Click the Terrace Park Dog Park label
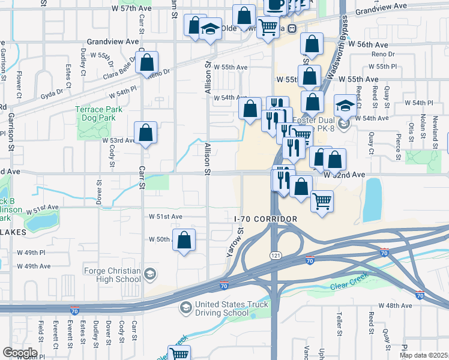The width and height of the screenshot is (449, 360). tap(98, 113)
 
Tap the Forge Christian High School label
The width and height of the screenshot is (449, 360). tap(112, 275)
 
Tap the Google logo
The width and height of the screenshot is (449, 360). tap(20, 353)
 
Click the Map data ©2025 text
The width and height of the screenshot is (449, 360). tap(424, 355)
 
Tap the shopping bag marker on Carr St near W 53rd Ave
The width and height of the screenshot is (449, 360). tap(146, 133)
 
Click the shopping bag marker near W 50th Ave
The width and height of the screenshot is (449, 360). tap(184, 239)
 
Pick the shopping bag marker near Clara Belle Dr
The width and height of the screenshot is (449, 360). tap(146, 62)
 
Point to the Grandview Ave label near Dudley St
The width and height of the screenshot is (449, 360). tap(109, 42)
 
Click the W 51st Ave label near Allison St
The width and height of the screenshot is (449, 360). tap(166, 216)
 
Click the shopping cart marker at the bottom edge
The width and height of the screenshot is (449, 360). tap(179, 354)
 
